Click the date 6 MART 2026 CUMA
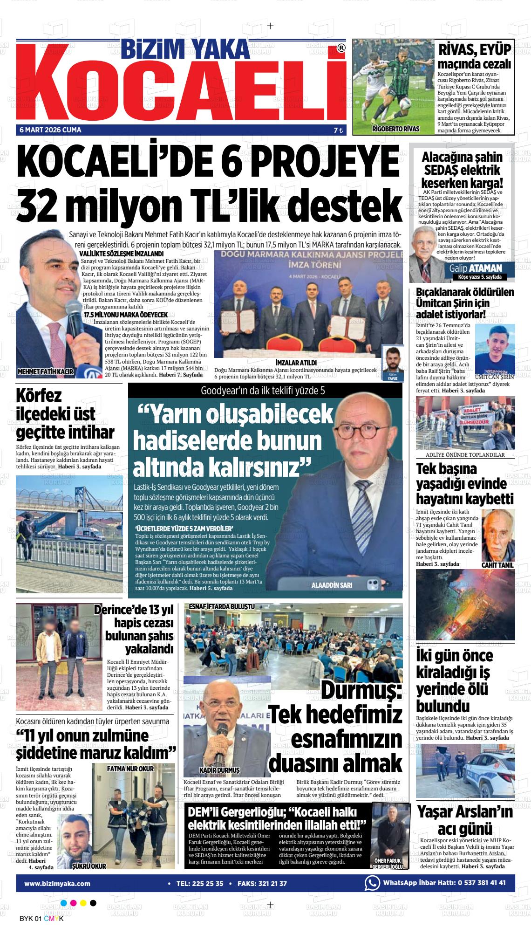coord(50,130)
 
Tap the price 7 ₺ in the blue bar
coord(338,130)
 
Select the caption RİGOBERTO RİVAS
coord(395,129)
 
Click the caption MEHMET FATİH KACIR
coord(45,371)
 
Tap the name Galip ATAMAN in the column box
coord(476,268)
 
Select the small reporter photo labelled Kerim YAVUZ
coord(392,362)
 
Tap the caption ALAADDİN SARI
coord(332,585)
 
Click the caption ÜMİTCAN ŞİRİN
coord(495,376)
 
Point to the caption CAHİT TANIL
coord(497,565)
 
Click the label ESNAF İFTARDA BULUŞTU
coord(221,606)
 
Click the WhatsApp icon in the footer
coord(372,883)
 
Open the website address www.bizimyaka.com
coord(57,883)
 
